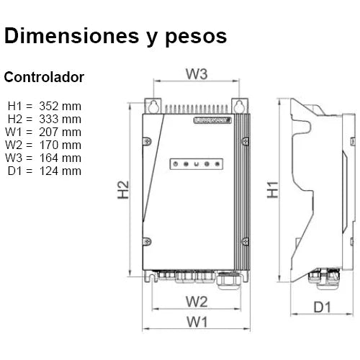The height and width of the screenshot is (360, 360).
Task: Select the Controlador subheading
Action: point(44,76)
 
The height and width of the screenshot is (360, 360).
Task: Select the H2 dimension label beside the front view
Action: point(123,189)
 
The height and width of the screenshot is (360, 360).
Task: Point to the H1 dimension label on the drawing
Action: point(272,189)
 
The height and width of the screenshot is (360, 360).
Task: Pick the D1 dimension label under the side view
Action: point(323,308)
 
